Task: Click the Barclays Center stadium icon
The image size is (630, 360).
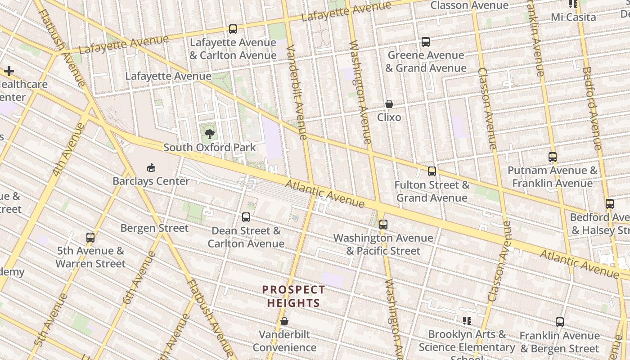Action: [x=151, y=168]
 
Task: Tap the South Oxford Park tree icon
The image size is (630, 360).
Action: [x=209, y=134]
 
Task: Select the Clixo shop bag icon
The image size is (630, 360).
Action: [x=389, y=104]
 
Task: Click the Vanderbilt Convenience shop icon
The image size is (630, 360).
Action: [x=284, y=322]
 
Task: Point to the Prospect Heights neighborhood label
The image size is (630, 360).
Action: [x=293, y=296]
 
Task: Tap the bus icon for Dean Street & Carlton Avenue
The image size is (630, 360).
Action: [x=246, y=217]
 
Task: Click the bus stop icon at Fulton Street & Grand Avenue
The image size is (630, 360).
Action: [x=432, y=171]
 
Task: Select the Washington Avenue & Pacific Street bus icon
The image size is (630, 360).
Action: [x=383, y=224]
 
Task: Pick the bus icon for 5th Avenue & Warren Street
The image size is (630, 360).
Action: [x=90, y=237]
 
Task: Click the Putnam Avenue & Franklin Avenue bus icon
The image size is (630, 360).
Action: [x=553, y=157]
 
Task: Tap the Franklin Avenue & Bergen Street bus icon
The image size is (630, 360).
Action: [x=560, y=322]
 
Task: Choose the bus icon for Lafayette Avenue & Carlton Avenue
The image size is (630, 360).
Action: [x=233, y=29]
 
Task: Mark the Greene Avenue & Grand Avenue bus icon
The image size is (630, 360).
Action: [x=426, y=42]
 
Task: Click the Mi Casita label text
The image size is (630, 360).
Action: [x=573, y=17]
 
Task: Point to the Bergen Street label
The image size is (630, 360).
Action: [x=154, y=228]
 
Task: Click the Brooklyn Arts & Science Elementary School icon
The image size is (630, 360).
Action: [x=467, y=321]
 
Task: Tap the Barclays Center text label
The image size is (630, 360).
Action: [x=151, y=181]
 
